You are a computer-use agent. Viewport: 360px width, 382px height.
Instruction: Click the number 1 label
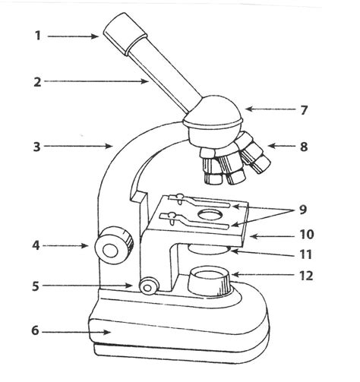pos(37,36)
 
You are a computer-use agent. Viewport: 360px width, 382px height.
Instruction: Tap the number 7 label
pos(303,110)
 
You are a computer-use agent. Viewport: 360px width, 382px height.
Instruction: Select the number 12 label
pos(306,276)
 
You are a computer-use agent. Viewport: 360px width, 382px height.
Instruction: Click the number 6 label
pos(36,332)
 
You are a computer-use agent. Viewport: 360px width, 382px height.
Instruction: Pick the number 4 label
pos(36,245)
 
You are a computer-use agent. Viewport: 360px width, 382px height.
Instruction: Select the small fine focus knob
pos(149,286)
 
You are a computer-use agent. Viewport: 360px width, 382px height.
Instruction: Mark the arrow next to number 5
pos(95,286)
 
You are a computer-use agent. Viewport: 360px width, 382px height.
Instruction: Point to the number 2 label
pos(36,81)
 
